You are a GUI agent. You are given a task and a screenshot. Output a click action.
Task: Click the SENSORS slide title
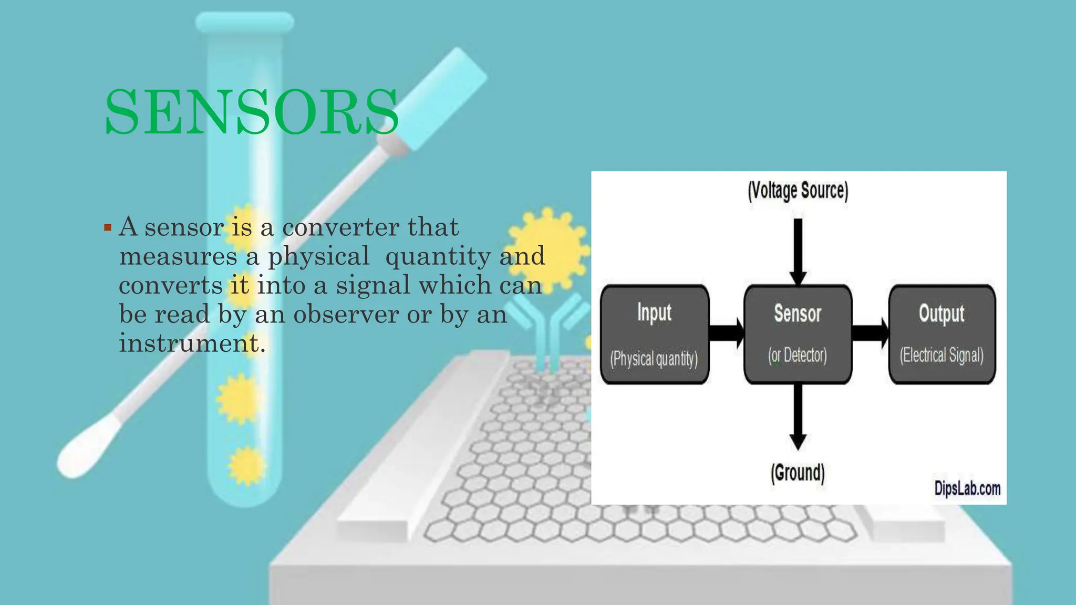(x=252, y=111)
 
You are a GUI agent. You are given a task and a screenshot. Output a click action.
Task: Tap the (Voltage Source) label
(x=798, y=191)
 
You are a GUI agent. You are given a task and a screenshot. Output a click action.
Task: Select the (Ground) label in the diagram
(x=798, y=473)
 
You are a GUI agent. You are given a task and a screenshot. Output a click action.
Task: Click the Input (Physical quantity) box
(x=655, y=335)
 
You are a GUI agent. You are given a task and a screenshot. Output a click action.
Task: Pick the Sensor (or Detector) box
(x=798, y=335)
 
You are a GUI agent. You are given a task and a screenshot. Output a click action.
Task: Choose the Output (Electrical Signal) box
(x=941, y=335)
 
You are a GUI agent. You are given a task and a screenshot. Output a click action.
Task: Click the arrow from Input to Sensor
(x=727, y=333)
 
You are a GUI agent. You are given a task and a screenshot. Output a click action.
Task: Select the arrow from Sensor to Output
(x=870, y=333)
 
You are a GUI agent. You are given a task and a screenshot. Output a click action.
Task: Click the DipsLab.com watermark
(x=967, y=488)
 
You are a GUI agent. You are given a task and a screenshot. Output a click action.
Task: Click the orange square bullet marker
(x=108, y=228)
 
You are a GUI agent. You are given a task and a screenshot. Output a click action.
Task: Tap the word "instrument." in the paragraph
(x=192, y=343)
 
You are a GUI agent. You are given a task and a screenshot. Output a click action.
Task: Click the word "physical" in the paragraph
(x=319, y=256)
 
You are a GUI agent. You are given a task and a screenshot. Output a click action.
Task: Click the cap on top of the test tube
(x=244, y=23)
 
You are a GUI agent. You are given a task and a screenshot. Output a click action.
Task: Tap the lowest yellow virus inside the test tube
(x=246, y=465)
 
